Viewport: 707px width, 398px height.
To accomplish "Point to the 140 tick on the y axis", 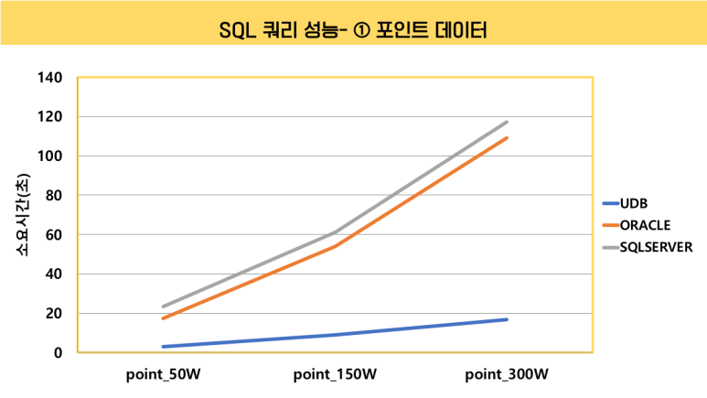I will click(x=50, y=78).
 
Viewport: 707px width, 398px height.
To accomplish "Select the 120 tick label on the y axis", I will click(x=50, y=117).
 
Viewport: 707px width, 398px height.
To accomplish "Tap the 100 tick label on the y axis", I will click(x=50, y=156).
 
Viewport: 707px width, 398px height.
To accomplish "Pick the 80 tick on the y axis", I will click(x=54, y=196).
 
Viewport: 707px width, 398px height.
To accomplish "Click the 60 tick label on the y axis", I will click(x=54, y=235).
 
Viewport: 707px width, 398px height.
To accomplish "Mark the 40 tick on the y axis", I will click(x=54, y=274).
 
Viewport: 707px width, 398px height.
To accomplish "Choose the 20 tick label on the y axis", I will click(x=54, y=314).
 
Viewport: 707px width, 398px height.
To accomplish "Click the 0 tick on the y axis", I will click(x=58, y=353).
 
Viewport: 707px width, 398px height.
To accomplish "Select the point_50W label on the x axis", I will click(x=164, y=375).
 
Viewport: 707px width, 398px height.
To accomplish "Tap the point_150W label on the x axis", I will click(x=335, y=375).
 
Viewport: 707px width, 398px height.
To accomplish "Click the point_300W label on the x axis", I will click(x=506, y=375).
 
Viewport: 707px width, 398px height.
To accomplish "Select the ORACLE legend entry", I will click(x=645, y=224).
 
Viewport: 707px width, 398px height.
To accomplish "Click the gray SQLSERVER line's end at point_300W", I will click(x=507, y=122).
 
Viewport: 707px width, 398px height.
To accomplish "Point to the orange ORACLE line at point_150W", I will click(x=335, y=246).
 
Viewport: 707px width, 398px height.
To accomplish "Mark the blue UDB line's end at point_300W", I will click(x=507, y=319).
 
